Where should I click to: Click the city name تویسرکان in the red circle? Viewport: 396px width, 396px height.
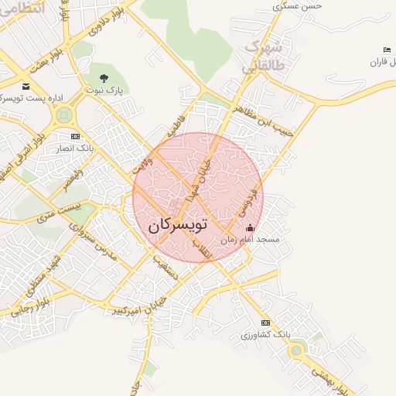177,225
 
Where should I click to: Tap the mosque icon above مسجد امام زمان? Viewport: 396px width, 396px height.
250,228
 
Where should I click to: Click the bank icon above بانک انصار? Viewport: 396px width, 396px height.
75,136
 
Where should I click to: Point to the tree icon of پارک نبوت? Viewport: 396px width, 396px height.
104,77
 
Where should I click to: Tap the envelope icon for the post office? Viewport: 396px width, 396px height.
26,87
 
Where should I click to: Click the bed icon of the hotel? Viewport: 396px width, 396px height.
387,50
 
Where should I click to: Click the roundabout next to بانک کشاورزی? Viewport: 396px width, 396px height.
295,350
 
